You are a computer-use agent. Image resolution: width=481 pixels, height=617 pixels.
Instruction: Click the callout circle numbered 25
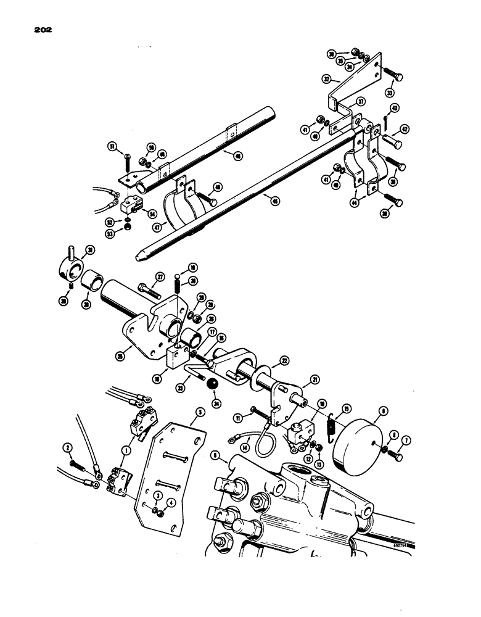[x=119, y=356]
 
